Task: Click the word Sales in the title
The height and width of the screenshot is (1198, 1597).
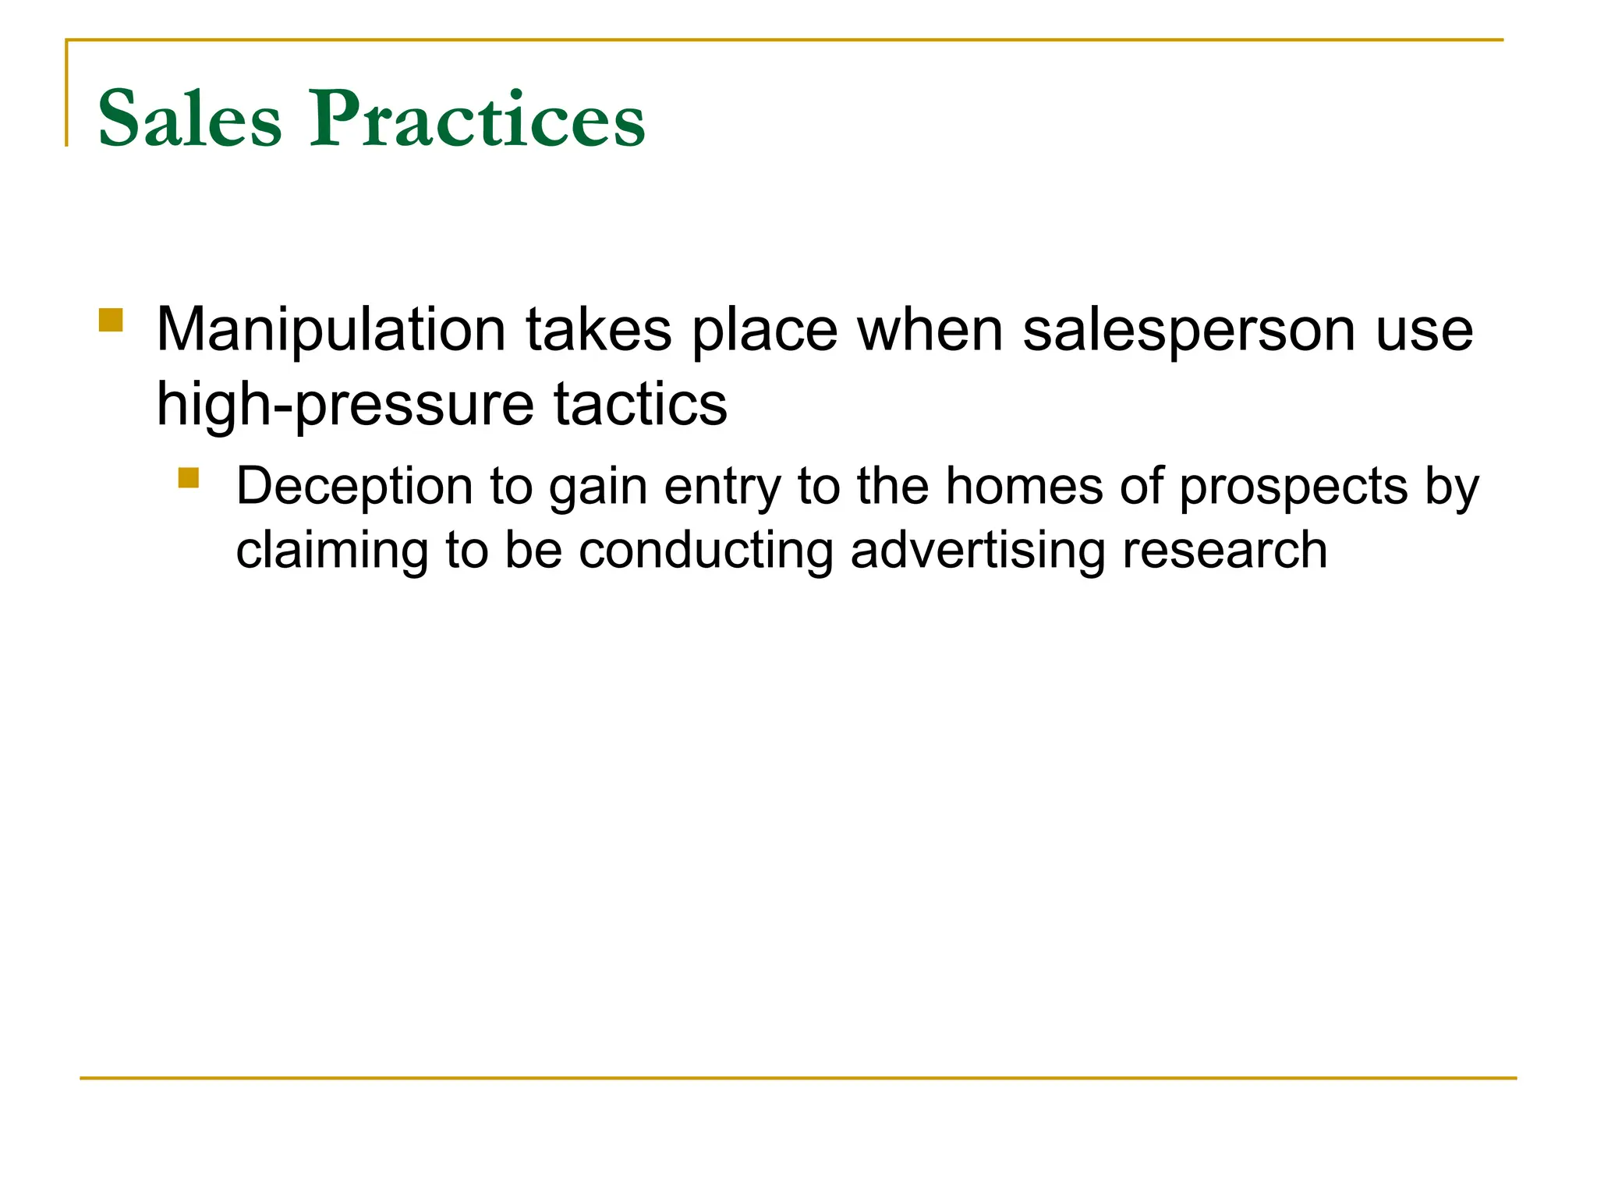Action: click(189, 119)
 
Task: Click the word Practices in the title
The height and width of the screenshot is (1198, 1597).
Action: click(477, 119)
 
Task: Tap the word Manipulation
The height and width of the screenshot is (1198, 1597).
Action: click(331, 331)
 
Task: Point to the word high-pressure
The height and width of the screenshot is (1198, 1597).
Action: click(345, 405)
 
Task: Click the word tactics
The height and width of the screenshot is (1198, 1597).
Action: click(640, 405)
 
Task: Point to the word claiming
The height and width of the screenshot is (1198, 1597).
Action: click(332, 551)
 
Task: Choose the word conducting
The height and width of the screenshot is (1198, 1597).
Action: click(706, 551)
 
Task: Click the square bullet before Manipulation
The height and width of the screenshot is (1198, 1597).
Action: click(111, 321)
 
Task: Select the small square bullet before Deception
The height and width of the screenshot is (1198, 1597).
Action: click(188, 477)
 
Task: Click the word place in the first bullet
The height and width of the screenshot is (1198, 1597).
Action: click(764, 331)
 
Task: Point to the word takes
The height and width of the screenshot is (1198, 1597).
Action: click(598, 331)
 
